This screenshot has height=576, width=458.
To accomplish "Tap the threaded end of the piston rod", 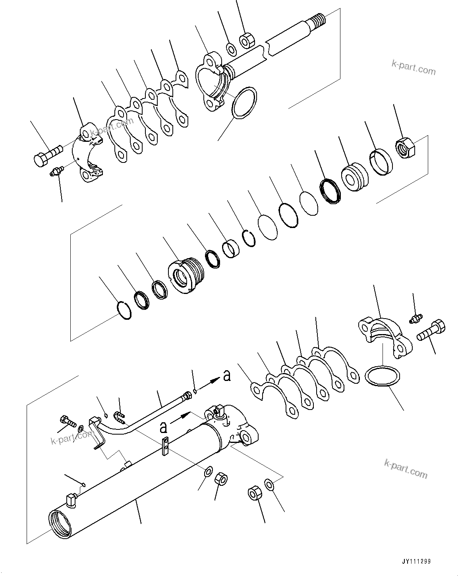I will pyautogui.click(x=319, y=18).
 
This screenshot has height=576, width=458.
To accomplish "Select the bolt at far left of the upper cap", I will pyautogui.click(x=46, y=155).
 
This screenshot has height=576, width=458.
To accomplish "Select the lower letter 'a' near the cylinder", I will pyautogui.click(x=163, y=427).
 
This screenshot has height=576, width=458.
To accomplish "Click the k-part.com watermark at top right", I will pyautogui.click(x=414, y=68).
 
